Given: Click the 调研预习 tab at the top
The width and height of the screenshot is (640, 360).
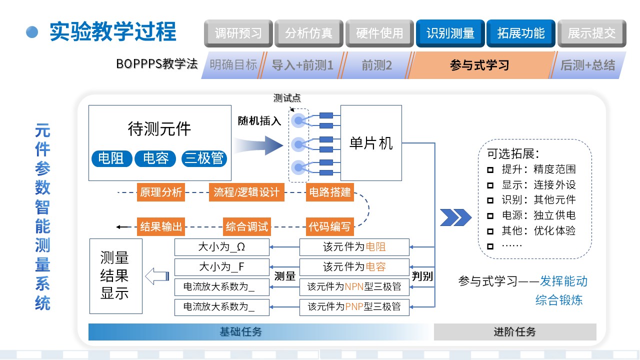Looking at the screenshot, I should pyautogui.click(x=238, y=33).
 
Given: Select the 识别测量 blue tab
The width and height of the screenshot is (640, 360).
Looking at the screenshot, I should pyautogui.click(x=450, y=33).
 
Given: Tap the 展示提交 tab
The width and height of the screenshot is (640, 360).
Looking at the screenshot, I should pyautogui.click(x=591, y=33).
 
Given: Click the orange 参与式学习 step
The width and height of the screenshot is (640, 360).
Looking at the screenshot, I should pyautogui.click(x=479, y=65).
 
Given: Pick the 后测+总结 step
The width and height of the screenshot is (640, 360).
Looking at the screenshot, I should pyautogui.click(x=587, y=65).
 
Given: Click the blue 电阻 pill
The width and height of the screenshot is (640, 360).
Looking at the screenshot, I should pyautogui.click(x=111, y=159).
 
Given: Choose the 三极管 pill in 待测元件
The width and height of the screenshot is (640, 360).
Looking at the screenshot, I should pyautogui.click(x=204, y=159).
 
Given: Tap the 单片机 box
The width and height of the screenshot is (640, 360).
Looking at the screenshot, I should pyautogui.click(x=371, y=143).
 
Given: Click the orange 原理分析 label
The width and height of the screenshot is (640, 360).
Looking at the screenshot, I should pyautogui.click(x=161, y=192).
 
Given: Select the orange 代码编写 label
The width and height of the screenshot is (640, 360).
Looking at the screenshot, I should pyautogui.click(x=330, y=226).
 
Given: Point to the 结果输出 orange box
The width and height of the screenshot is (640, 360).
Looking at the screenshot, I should pyautogui.click(x=161, y=226).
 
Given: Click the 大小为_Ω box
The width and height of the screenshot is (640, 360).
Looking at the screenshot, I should pyautogui.click(x=221, y=247).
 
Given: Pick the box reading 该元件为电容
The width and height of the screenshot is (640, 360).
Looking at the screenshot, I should pyautogui.click(x=354, y=267).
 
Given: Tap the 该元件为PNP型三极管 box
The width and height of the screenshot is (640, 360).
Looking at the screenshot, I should pyautogui.click(x=354, y=306).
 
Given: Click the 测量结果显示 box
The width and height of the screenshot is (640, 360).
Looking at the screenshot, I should pyautogui.click(x=115, y=276).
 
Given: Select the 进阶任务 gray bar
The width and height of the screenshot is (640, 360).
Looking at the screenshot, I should pyautogui.click(x=514, y=332).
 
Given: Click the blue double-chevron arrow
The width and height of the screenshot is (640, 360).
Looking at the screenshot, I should pyautogui.click(x=455, y=217).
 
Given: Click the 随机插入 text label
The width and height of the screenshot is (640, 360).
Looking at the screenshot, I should pyautogui.click(x=259, y=120).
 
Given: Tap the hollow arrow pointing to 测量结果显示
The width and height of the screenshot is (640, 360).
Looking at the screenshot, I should pyautogui.click(x=156, y=276).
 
